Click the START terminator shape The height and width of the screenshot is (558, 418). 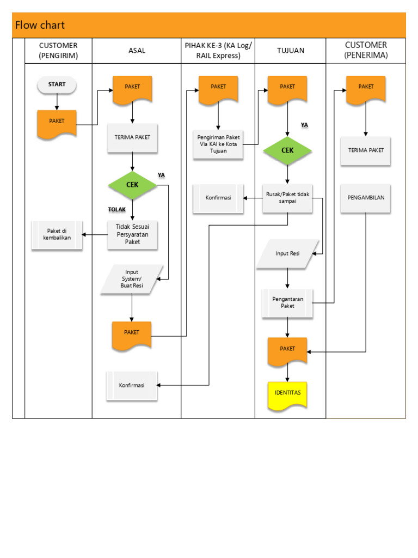(57, 84)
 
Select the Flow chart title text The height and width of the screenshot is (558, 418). (40, 25)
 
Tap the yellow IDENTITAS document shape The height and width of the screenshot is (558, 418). (287, 393)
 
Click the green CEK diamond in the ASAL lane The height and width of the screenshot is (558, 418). (132, 185)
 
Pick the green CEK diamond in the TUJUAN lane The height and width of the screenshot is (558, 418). (288, 150)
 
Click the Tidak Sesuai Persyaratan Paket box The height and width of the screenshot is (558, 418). (132, 235)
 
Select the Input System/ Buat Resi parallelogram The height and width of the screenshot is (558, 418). (132, 280)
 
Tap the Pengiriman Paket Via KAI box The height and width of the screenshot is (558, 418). (218, 144)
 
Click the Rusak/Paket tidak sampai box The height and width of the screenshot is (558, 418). (288, 197)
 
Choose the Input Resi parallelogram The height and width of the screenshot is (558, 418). (287, 253)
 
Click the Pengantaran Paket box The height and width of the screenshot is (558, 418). (288, 303)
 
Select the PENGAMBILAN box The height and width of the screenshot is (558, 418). (365, 197)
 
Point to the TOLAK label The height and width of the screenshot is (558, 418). (116, 209)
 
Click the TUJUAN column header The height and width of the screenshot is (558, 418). (291, 51)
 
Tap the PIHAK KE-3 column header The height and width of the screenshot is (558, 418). (218, 51)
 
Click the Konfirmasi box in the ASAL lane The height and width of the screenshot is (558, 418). (132, 385)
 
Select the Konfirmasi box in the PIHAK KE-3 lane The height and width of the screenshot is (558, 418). (218, 198)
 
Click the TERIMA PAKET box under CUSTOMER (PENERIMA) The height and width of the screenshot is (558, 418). (365, 150)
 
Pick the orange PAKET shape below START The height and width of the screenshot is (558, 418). (57, 122)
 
